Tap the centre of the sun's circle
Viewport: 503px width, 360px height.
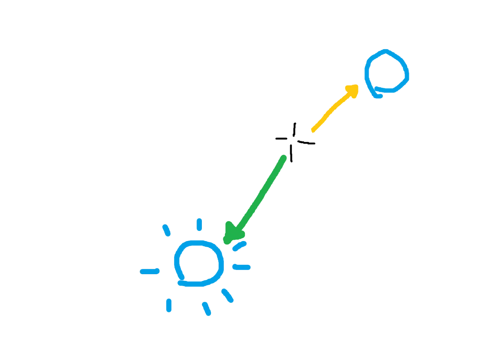199,263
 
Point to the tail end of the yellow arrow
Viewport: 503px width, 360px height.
313,131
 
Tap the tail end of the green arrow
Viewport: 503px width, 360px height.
284,157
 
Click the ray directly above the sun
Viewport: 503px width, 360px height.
199,225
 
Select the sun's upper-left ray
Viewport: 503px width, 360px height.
166,231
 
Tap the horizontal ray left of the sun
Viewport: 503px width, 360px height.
150,271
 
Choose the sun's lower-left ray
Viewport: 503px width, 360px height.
168,305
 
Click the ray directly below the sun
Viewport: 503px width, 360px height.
207,308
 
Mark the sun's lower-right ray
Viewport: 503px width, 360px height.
228,295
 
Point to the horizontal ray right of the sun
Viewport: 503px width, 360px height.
241,267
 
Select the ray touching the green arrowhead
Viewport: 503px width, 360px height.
239,246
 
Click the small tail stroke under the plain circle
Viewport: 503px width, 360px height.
378,95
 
